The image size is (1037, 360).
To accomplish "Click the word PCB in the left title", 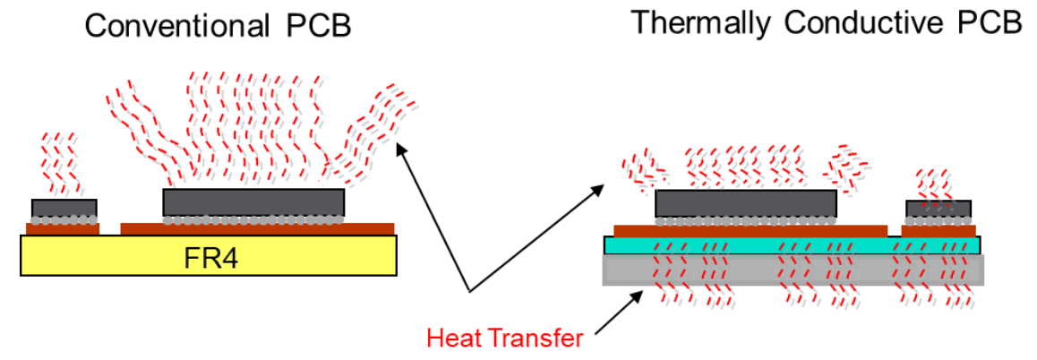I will [315, 26].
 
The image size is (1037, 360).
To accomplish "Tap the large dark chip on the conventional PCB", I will [253, 201].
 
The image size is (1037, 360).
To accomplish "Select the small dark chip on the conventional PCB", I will [64, 208].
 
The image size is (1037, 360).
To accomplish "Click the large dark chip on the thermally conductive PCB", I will [746, 203].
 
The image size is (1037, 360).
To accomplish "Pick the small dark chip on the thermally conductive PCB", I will [938, 209].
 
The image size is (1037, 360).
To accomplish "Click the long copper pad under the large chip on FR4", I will [256, 228].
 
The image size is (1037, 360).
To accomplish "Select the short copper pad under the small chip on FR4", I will [63, 228].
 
